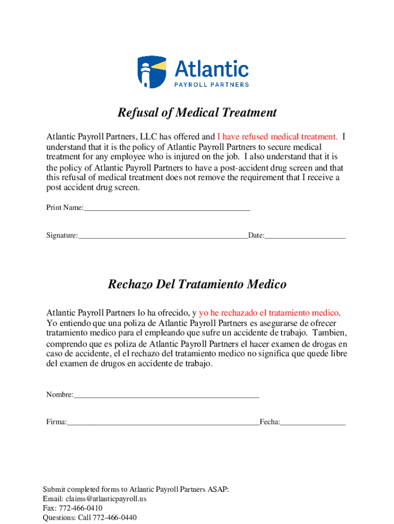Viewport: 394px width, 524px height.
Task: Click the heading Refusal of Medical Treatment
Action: [197, 113]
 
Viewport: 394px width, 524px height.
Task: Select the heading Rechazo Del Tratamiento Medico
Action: [197, 284]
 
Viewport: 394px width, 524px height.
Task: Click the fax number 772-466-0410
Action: [80, 508]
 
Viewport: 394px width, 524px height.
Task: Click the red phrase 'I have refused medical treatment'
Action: [277, 137]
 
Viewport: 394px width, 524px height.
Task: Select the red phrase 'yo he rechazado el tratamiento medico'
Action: [269, 312]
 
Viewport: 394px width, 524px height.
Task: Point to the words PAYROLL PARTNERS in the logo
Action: [212, 84]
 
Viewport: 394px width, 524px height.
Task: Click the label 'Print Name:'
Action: [64, 208]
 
